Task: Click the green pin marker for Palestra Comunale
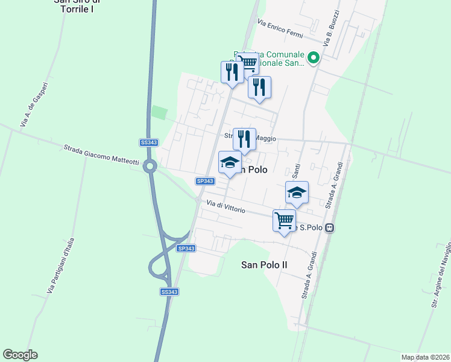click(x=313, y=59)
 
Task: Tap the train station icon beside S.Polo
click(x=329, y=227)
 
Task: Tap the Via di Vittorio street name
click(x=225, y=206)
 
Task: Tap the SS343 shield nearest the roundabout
click(x=148, y=142)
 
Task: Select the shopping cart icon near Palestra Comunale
click(x=248, y=62)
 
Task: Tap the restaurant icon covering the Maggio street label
click(x=244, y=139)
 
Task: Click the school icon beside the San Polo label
click(x=230, y=163)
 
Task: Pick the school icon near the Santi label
click(x=297, y=192)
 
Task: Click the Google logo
click(x=20, y=355)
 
